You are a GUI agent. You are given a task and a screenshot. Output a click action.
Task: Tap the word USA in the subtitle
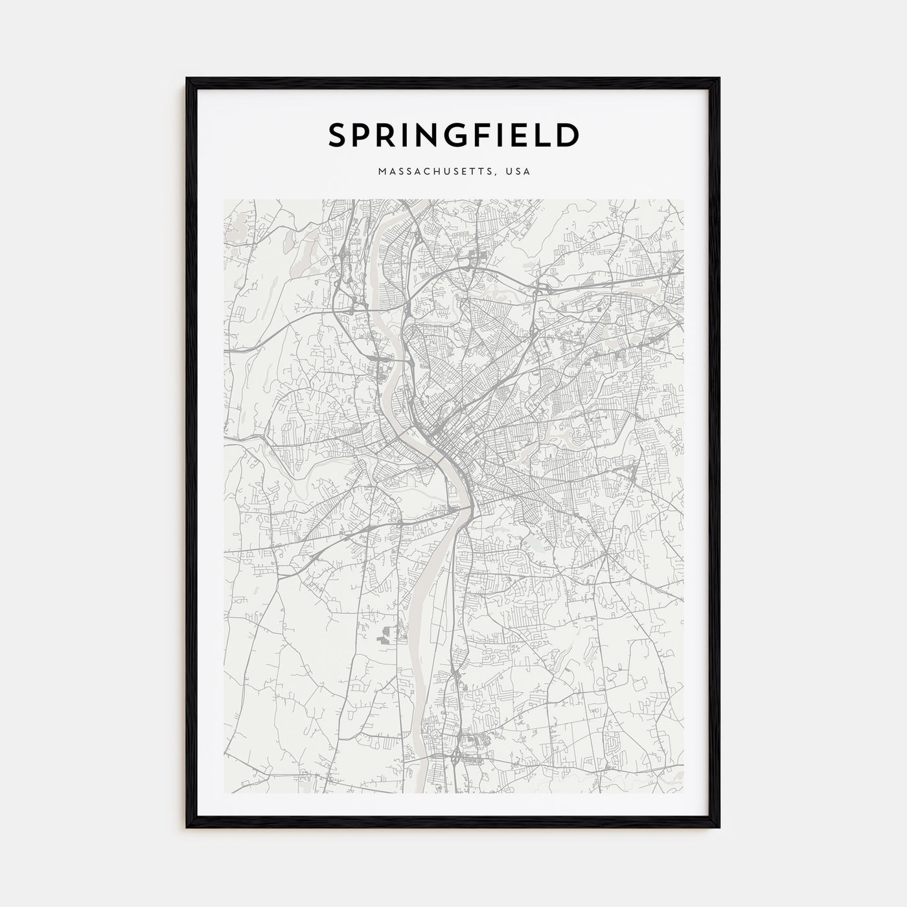point(520,172)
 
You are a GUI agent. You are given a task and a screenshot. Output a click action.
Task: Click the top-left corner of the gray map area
point(224,200)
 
